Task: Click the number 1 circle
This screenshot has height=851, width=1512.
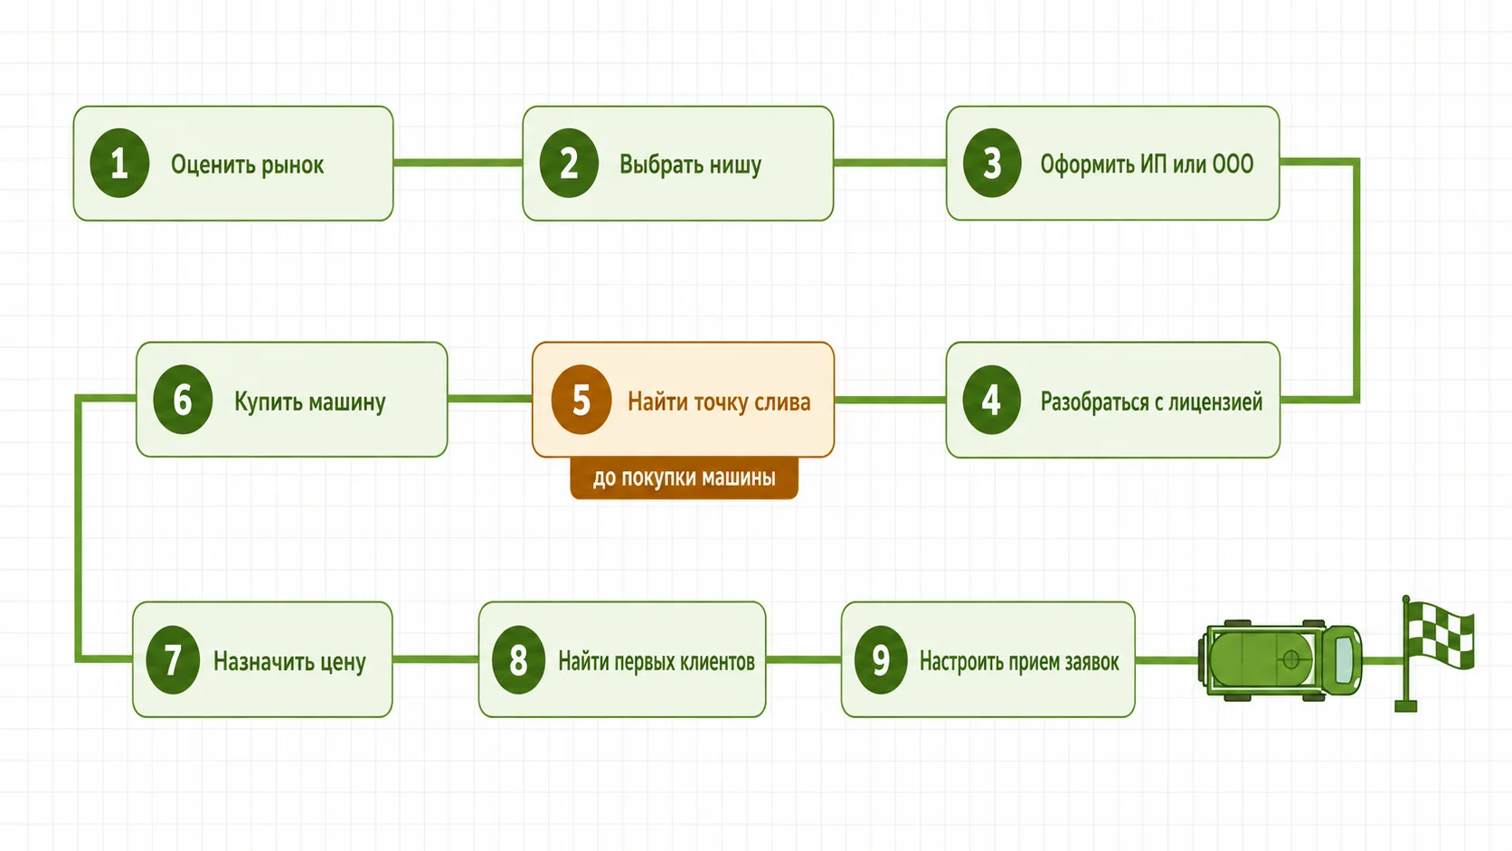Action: [119, 163]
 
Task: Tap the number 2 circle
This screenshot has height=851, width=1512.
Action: [568, 163]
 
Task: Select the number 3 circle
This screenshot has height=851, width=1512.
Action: [992, 163]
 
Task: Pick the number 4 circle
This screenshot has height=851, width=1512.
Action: [991, 400]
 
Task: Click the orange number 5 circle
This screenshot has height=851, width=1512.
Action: [581, 400]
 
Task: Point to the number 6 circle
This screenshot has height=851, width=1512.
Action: [183, 400]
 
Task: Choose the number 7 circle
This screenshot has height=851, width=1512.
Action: [173, 659]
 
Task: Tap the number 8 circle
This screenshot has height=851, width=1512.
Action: [518, 659]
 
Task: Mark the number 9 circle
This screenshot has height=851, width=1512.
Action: [880, 659]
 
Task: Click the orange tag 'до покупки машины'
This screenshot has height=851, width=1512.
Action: [684, 478]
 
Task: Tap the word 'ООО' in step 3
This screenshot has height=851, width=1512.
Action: [1233, 164]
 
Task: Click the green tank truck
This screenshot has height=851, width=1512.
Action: [1280, 660]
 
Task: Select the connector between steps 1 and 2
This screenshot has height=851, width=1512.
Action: [458, 163]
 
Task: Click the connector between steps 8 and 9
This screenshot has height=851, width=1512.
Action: [803, 659]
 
